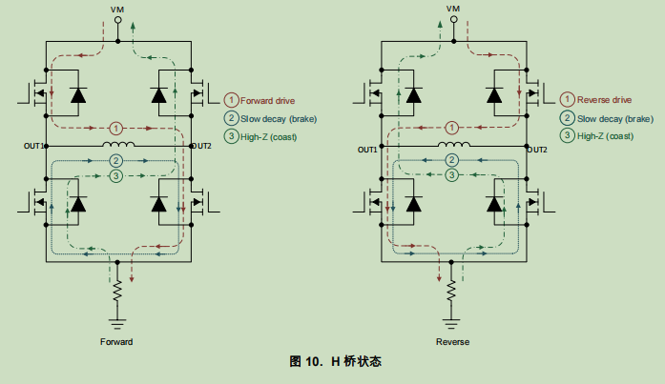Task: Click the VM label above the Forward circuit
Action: tap(117, 9)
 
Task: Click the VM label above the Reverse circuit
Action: tap(452, 9)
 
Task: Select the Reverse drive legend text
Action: tap(604, 100)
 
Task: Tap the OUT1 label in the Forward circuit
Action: tap(34, 146)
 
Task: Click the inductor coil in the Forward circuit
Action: tap(116, 145)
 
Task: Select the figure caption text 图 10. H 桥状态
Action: tap(335, 362)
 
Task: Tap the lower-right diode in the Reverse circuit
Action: tap(494, 203)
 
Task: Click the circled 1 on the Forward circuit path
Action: tap(115, 128)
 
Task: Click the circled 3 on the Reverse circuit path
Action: tap(450, 176)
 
